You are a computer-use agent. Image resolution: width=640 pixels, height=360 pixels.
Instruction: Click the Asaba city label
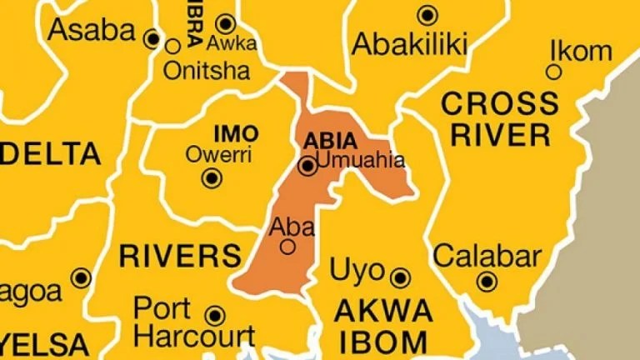coord(92,31)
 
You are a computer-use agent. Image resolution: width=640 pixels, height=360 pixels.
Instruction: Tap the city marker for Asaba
coord(152,38)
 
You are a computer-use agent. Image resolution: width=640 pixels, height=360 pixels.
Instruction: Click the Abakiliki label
coord(410,42)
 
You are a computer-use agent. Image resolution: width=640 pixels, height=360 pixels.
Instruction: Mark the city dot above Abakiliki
coord(427,14)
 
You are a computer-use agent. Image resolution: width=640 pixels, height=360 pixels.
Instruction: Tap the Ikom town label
coord(581,51)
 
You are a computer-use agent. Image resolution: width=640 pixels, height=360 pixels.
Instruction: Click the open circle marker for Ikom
coord(553,72)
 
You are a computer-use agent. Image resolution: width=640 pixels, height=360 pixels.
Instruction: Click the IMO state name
coord(236,133)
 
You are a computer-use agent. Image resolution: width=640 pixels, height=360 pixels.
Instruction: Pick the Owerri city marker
coord(213,177)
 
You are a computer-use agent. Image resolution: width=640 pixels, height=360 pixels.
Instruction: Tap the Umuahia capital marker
coord(307,167)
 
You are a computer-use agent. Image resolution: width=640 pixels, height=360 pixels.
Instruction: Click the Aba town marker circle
coord(288,247)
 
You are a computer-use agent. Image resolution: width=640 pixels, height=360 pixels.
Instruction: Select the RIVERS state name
coord(180,255)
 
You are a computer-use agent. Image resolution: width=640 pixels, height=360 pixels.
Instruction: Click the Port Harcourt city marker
coord(216,316)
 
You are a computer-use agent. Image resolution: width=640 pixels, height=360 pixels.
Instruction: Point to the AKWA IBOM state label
coord(382,326)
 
